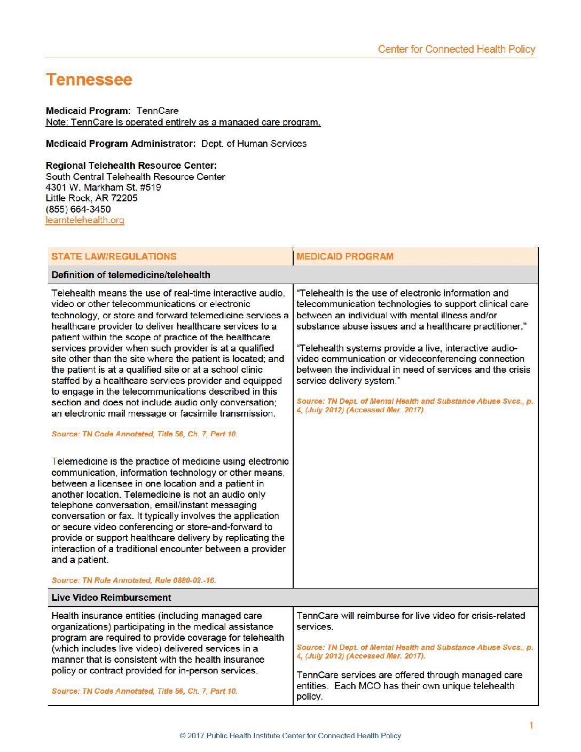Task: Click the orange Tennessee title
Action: coord(89,80)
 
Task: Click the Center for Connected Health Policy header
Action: coord(456,49)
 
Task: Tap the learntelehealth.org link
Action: coord(85,220)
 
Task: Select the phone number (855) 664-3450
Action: coord(78,209)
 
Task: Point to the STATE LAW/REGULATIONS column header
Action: coord(114,256)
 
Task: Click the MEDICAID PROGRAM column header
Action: coord(345,256)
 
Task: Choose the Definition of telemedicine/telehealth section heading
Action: coord(131,275)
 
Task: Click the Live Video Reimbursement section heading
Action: coord(111,598)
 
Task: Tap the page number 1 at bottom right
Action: coord(531,725)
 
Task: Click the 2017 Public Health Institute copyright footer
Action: coord(290,736)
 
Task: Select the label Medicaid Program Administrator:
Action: coord(121,144)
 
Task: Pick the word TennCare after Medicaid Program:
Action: coord(158,111)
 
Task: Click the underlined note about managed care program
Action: coord(183,122)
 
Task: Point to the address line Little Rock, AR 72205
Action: coord(92,198)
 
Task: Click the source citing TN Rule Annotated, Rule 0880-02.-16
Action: coord(134,580)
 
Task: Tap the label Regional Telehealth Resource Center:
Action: coord(131,166)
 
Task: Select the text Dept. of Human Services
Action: coord(254,144)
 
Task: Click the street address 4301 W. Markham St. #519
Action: coord(104,187)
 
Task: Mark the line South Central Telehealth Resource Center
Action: coord(135,177)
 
